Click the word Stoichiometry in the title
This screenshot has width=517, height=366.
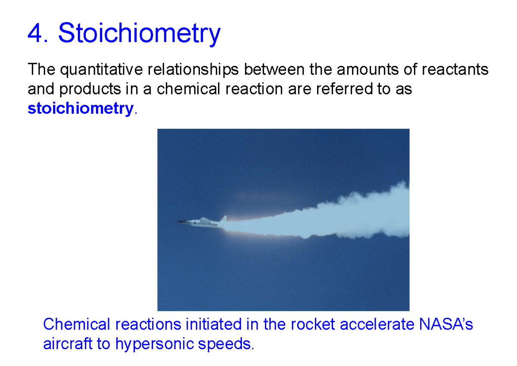139,33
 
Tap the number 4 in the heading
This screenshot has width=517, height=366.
34,33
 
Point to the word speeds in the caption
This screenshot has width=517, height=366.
229,344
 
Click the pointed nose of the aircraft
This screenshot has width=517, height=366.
179,222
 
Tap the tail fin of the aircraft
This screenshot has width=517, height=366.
224,219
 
